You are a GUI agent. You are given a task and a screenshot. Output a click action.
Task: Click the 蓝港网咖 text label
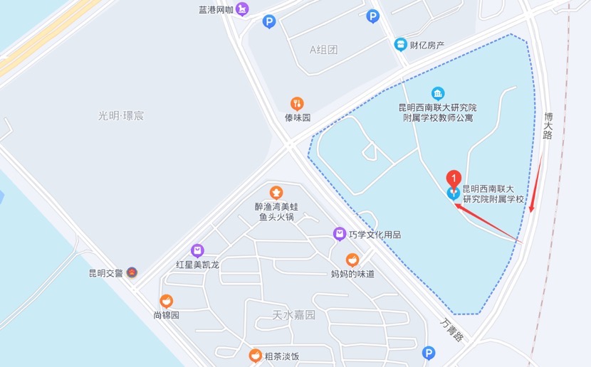coord(216,10)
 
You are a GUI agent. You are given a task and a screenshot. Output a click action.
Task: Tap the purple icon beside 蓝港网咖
coord(243,10)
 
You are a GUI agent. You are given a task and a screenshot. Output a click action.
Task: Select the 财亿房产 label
coord(429,45)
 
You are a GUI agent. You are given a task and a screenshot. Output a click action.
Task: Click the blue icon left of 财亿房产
coord(401,44)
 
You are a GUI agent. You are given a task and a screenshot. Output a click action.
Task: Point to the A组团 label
coord(323,49)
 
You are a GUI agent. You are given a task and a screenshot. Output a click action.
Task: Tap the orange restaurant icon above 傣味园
coord(297,104)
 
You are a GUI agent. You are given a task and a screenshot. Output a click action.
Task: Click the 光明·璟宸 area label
coord(121,115)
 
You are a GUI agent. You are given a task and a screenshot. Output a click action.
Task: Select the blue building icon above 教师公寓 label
coord(438,93)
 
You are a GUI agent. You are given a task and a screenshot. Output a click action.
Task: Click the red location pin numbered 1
coord(453,179)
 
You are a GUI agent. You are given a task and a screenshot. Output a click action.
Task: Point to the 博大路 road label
coord(548,125)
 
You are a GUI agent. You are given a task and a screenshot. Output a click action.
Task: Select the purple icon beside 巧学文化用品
coord(340,234)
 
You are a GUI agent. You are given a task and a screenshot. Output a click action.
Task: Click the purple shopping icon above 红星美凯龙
coord(197,250)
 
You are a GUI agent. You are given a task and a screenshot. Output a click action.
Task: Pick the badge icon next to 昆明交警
coord(132,272)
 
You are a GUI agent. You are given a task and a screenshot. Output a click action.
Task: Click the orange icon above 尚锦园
coord(166,302)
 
